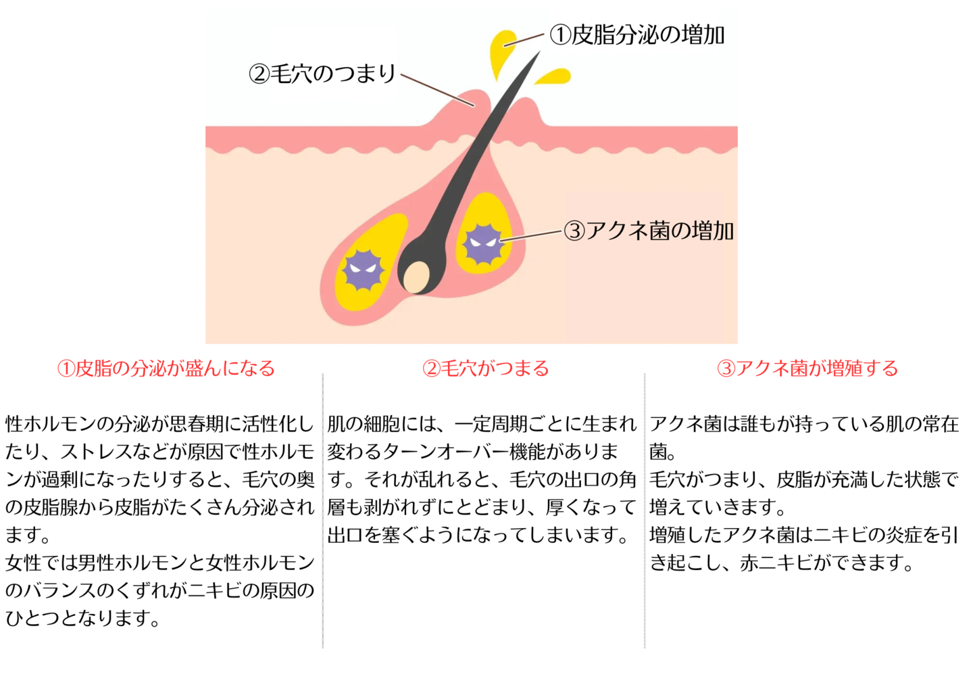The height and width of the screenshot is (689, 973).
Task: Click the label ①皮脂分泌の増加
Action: tap(637, 34)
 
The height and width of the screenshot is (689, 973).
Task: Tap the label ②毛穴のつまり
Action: tap(322, 73)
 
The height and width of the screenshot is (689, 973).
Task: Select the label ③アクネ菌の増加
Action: tap(649, 231)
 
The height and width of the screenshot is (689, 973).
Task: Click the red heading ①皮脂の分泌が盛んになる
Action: tap(166, 369)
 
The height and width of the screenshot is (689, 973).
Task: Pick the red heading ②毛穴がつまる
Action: tap(486, 369)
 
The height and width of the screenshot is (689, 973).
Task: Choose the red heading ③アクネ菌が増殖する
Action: tap(807, 369)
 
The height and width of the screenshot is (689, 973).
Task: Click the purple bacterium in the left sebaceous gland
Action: tap(363, 270)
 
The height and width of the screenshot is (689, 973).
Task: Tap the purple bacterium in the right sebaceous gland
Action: tap(484, 244)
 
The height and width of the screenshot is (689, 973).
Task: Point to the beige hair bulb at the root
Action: tap(416, 277)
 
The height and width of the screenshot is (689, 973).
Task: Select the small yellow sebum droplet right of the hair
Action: tap(553, 76)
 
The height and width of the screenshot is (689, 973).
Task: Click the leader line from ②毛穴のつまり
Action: tap(437, 90)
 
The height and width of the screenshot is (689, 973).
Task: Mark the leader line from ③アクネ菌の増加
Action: tap(531, 235)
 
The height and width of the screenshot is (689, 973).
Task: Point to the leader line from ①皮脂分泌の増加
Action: tap(524, 40)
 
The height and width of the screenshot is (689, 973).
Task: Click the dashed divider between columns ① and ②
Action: tap(323, 510)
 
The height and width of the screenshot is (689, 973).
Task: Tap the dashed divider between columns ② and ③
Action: tap(645, 510)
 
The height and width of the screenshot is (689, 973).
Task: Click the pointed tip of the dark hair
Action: tap(540, 51)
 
